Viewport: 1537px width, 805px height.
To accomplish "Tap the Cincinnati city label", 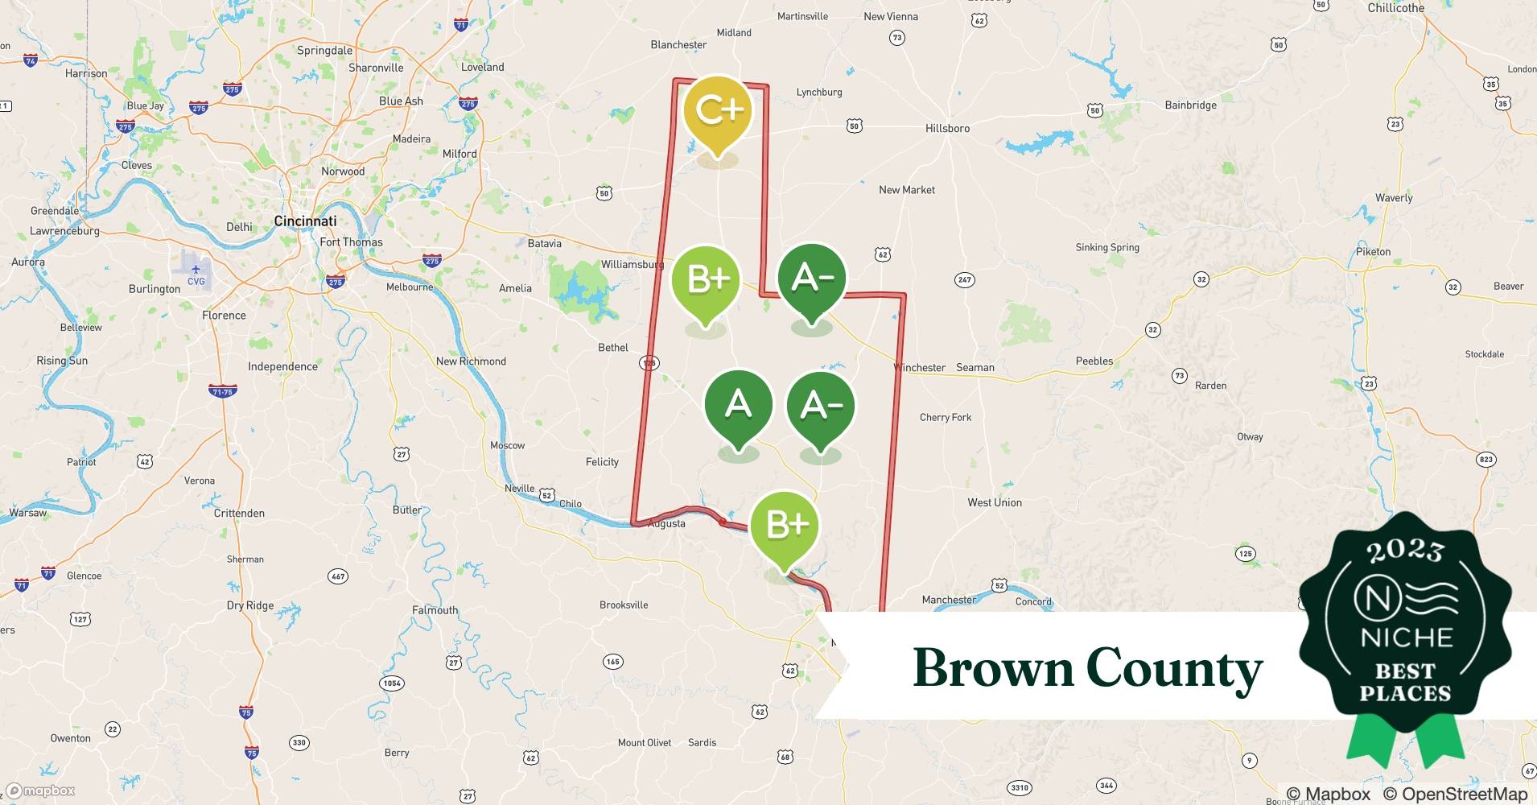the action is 305,221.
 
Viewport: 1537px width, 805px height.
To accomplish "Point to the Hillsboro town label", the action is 947,128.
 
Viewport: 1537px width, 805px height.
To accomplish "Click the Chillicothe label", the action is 1395,8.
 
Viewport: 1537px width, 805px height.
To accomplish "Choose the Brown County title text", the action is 1087,668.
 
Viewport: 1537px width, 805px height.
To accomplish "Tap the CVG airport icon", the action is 196,274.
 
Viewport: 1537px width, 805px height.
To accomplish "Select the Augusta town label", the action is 666,523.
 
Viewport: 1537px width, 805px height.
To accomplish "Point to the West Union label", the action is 995,502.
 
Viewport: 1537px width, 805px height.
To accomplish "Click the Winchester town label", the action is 920,368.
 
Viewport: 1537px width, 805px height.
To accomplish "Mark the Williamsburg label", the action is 632,264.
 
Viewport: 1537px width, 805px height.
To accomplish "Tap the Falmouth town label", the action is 435,610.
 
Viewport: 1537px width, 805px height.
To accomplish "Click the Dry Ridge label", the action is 249,605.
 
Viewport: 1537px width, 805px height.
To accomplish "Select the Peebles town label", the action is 1094,361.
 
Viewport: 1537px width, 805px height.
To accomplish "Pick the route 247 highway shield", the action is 964,280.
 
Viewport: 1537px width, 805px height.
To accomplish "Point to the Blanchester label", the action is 678,45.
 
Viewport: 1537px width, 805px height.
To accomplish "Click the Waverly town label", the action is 1394,198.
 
